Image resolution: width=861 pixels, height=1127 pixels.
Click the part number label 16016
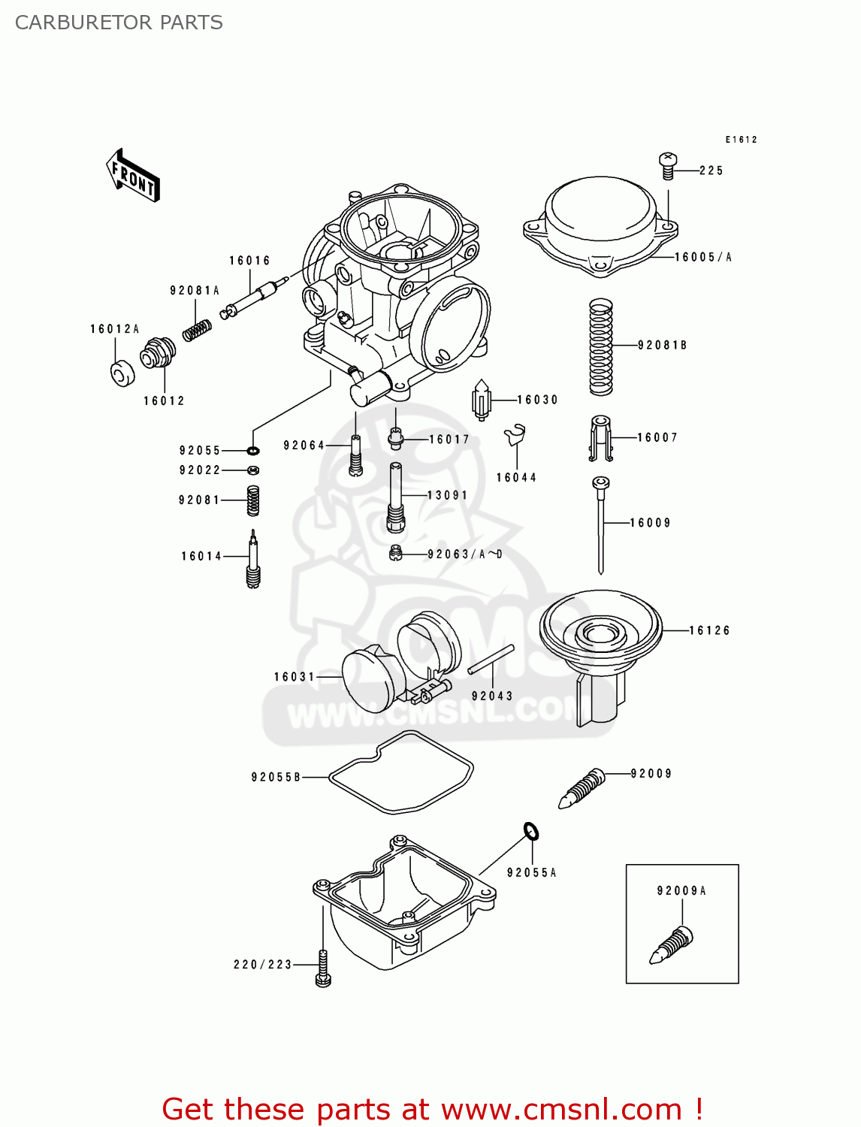pyautogui.click(x=249, y=261)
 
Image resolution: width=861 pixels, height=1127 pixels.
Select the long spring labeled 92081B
pyautogui.click(x=600, y=347)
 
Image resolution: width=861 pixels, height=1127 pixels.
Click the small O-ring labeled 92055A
pyautogui.click(x=531, y=831)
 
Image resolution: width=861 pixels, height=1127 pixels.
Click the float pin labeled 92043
pyautogui.click(x=491, y=660)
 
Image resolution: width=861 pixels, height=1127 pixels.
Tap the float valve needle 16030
pyautogui.click(x=481, y=400)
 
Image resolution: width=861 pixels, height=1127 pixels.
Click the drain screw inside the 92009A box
pyautogui.click(x=672, y=946)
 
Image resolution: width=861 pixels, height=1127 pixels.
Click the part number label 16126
pyautogui.click(x=709, y=630)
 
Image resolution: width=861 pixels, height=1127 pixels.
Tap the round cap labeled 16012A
pyautogui.click(x=122, y=373)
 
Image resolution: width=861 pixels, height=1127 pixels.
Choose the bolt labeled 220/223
pyautogui.click(x=323, y=968)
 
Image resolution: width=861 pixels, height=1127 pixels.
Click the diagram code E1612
pyautogui.click(x=741, y=140)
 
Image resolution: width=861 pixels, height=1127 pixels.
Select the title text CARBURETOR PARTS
pyautogui.click(x=119, y=23)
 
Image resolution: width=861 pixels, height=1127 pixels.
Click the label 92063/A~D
pyautogui.click(x=464, y=554)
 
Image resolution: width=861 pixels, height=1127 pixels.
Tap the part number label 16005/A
pyautogui.click(x=702, y=257)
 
